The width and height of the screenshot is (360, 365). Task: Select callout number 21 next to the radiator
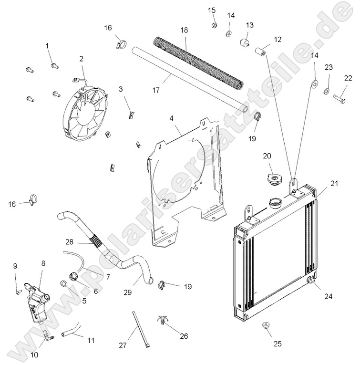pyautogui.click(x=334, y=184)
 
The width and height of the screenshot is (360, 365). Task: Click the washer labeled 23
pyautogui.click(x=326, y=91)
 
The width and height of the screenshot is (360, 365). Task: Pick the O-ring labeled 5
pyautogui.click(x=64, y=285)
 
